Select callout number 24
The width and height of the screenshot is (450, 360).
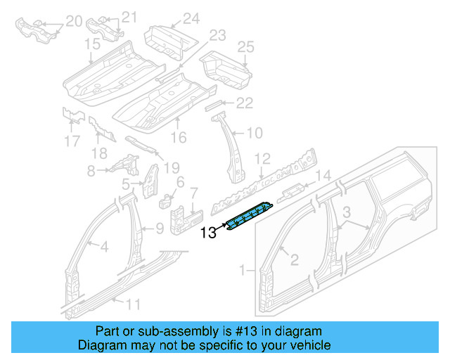click(191, 18)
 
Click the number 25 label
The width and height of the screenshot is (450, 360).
click(245, 48)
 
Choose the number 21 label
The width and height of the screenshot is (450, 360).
click(129, 17)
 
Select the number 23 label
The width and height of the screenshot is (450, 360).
click(217, 34)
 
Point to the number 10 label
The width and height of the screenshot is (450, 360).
click(254, 132)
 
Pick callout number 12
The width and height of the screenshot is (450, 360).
click(262, 158)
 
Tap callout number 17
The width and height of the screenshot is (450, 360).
click(72, 141)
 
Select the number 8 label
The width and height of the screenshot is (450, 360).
click(90, 170)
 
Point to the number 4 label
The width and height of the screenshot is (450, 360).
click(103, 246)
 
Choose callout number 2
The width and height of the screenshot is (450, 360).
click(294, 260)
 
